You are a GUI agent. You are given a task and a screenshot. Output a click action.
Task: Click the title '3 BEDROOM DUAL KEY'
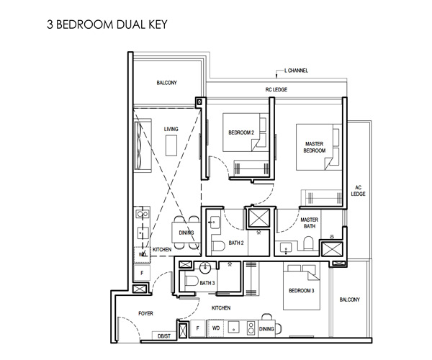coord(107,24)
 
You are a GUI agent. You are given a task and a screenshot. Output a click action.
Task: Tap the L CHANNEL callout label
coord(296,71)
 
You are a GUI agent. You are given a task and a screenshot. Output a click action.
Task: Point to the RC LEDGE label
coord(276,89)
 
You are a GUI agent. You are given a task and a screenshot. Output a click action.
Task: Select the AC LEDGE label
coord(358,191)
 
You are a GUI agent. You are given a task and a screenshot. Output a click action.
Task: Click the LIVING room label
coord(171,129)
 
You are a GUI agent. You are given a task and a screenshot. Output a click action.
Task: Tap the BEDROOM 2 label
coord(241,132)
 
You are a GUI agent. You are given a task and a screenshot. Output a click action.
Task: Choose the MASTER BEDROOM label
coord(315,147)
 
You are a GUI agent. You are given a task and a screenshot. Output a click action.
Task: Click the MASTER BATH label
coord(310,222)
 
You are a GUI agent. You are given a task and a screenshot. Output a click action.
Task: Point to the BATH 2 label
coord(236,243)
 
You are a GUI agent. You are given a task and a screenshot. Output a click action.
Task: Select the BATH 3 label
coord(207,283)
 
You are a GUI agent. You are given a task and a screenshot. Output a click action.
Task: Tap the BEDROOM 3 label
coord(302,291)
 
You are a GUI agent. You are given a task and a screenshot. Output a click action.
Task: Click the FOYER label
coord(145,313)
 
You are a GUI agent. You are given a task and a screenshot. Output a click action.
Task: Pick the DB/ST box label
coord(164,336)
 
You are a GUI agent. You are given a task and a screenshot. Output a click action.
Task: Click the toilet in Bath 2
coord(217,246)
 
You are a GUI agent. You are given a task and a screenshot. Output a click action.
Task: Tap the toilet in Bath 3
coord(192,282)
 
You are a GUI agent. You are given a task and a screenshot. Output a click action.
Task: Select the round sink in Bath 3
coord(205,267)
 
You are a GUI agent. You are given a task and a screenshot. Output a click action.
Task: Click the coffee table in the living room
coord(171,145)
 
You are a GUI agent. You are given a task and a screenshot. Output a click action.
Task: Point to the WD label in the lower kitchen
coord(216,328)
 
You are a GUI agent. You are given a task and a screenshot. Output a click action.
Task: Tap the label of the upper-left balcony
coord(167,83)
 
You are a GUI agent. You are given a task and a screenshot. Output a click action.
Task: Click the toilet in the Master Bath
coord(309,243)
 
